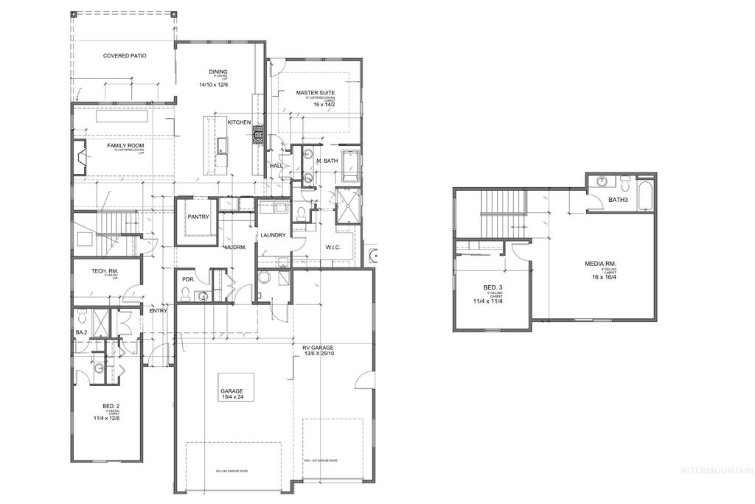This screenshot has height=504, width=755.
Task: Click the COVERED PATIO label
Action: pos(123,55)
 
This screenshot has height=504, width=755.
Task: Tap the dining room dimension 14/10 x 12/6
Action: pos(212,85)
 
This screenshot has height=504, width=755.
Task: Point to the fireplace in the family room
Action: pos(77,158)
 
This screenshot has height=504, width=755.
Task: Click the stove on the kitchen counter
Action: pos(258,134)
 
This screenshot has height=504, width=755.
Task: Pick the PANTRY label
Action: pos(198,217)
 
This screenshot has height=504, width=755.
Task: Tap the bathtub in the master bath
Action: pos(350,166)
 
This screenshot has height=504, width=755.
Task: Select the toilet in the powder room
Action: pos(187,295)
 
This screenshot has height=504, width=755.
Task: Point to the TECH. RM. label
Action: pos(105,272)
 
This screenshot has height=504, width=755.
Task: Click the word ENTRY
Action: pos(159,310)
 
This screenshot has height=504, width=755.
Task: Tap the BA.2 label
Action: pos(81,333)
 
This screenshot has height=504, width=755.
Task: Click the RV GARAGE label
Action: pos(318,347)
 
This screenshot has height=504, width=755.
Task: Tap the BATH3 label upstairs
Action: pos(618,200)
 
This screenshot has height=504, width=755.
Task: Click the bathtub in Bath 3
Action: pos(646,193)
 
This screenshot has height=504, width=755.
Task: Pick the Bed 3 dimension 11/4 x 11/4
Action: pos(487,300)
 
